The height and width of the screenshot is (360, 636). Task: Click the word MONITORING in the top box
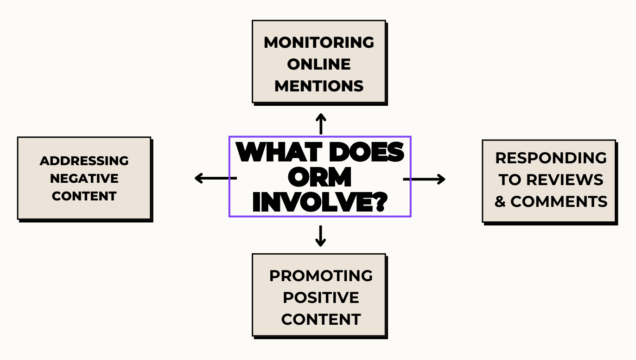(x=319, y=43)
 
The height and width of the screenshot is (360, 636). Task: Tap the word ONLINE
(x=319, y=64)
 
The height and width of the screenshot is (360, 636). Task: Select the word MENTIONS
(x=319, y=86)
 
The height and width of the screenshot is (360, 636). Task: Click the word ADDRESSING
(x=84, y=161)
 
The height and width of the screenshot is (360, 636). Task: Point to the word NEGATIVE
(x=84, y=179)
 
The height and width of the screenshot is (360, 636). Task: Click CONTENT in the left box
(x=84, y=196)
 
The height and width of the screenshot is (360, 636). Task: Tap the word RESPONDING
(x=551, y=158)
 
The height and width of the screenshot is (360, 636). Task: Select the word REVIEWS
(x=565, y=180)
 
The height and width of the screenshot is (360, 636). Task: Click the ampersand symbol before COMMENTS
(x=500, y=201)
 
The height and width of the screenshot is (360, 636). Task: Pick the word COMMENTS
(x=559, y=201)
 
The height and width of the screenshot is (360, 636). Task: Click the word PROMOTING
(x=321, y=276)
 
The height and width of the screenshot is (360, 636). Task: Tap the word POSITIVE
(x=321, y=297)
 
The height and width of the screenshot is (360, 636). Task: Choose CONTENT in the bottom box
(x=321, y=319)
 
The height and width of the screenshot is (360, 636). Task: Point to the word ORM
(x=320, y=177)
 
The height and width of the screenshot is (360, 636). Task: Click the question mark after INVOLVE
(x=380, y=202)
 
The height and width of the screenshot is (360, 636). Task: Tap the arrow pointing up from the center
(x=321, y=124)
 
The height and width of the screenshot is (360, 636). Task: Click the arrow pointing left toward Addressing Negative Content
(x=216, y=178)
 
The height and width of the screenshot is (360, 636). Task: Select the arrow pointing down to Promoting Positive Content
(x=321, y=236)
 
